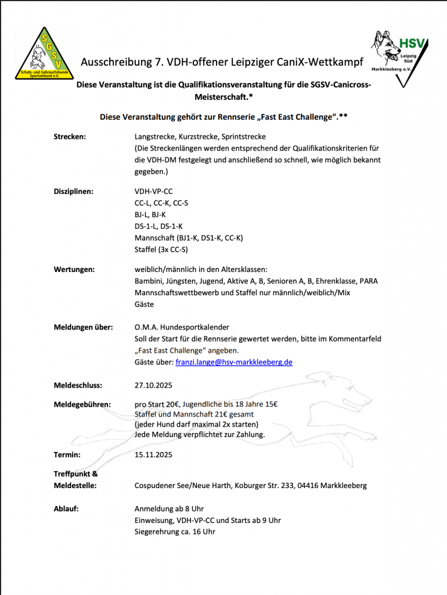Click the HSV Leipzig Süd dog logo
click(399, 58)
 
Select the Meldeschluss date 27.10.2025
click(153, 385)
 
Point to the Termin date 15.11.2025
click(153, 454)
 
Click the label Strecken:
click(70, 137)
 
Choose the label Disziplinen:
click(73, 191)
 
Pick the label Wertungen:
click(74, 269)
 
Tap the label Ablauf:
click(66, 508)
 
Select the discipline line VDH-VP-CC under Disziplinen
click(153, 191)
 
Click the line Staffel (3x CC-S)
click(161, 250)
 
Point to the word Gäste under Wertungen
click(145, 304)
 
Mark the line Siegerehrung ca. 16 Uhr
click(175, 532)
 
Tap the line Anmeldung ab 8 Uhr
click(169, 508)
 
